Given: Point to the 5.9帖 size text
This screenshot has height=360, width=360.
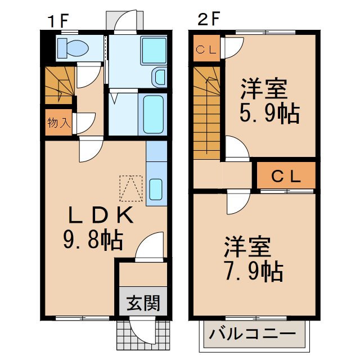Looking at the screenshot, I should [x=269, y=114].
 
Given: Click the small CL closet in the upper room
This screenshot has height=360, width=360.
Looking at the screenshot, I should [x=206, y=49].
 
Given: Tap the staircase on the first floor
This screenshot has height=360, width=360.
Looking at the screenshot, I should [x=58, y=84].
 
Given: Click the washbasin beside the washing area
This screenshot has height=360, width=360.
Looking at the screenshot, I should [x=159, y=77].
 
